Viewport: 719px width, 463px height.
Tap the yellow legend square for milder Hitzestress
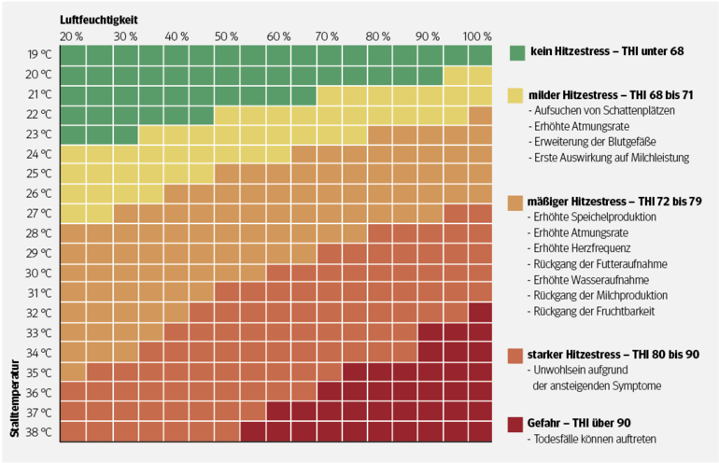[x=516, y=94]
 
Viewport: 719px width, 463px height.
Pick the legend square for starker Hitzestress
[x=516, y=355]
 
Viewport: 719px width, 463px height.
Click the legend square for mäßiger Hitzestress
[x=516, y=202]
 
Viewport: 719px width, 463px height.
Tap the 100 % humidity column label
[x=476, y=36]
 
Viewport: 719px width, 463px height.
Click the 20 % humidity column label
[x=71, y=36]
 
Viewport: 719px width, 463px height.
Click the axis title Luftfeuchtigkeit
[x=100, y=19]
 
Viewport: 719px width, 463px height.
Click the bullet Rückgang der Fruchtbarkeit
[x=592, y=310]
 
